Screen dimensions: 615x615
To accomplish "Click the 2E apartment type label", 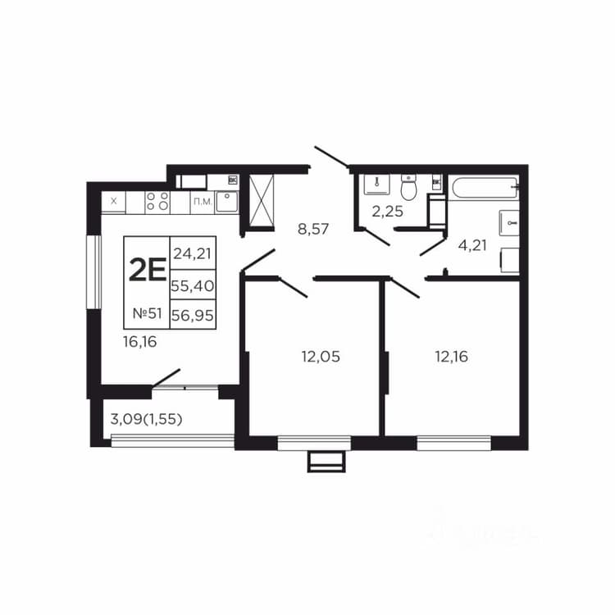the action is pos(148,271).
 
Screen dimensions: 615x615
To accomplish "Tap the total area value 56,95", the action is pos(193,315).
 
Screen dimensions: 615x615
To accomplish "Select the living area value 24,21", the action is pos(193,253).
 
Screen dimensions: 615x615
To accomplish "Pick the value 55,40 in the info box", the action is pos(193,285).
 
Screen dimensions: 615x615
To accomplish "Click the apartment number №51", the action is pos(147,313).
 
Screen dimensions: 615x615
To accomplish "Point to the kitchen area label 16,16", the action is pos(140,342).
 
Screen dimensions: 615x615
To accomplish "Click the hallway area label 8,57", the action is pos(313,229).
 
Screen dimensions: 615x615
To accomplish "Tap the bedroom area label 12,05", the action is pos(321,357).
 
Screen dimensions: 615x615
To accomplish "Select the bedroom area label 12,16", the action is pos(452,357).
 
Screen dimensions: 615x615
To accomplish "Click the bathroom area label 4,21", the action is pos(472,245).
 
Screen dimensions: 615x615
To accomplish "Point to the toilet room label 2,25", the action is pos(388,212).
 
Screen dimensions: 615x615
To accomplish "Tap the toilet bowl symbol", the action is pos(408,187).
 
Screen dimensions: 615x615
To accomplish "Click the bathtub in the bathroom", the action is pos(485,189).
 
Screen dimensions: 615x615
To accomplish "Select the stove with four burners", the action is pos(157,202).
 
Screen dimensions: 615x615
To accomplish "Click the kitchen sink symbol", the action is pos(226,202).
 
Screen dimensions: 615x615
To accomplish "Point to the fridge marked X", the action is pos(114,202).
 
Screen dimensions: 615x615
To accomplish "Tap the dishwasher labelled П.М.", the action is pos(203,202).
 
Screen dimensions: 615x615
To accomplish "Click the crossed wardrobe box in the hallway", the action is pos(262,200).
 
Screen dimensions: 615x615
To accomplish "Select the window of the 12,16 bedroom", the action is pos(453,443).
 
